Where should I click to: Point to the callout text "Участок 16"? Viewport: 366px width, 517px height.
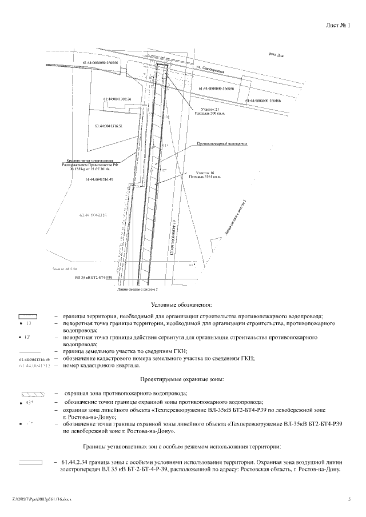coord(205,172)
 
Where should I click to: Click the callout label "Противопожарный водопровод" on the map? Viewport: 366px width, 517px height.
coord(221,144)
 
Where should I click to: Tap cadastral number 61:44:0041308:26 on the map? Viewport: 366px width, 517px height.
coord(118,99)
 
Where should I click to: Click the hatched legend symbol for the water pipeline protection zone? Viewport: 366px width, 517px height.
coord(29,394)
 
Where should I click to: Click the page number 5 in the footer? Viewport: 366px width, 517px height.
coord(348,499)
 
